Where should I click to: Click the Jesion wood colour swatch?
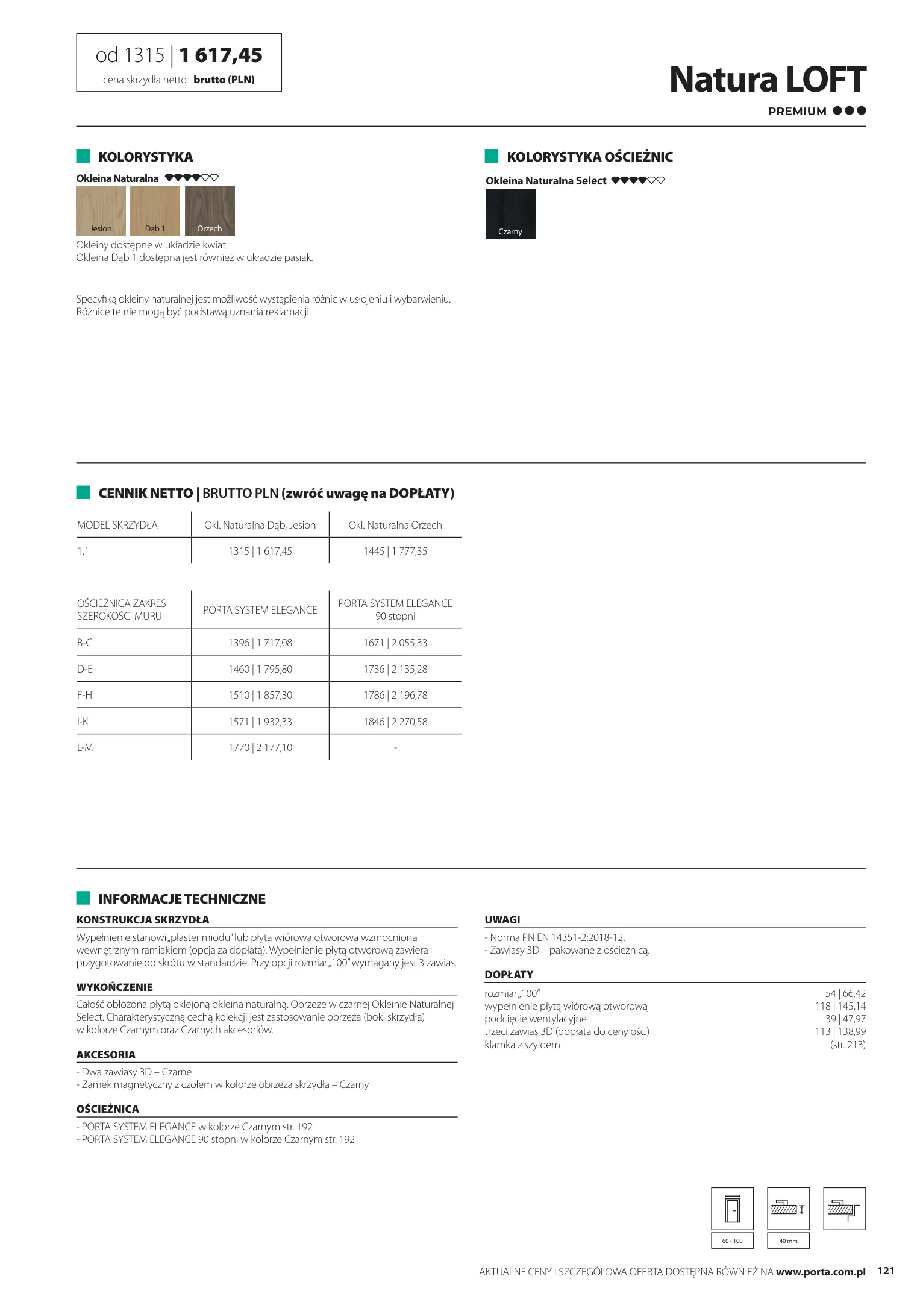(x=101, y=210)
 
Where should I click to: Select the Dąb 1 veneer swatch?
(x=155, y=210)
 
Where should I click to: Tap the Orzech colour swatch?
(x=210, y=210)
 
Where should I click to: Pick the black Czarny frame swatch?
(x=510, y=214)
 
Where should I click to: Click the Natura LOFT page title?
(x=767, y=80)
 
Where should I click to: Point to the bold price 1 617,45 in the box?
(x=221, y=55)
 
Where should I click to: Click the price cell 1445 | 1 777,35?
(x=395, y=551)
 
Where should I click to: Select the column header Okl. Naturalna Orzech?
(x=395, y=525)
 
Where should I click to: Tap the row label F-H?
(x=85, y=695)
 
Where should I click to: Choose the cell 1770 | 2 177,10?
(x=260, y=747)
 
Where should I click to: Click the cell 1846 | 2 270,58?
(x=395, y=722)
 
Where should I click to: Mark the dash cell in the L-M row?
(x=395, y=747)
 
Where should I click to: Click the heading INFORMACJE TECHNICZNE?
(x=182, y=899)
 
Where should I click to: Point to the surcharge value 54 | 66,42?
(x=845, y=993)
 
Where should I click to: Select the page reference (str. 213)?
(x=848, y=1045)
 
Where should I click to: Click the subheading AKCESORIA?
(x=106, y=1055)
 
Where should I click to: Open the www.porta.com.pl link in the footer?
(x=821, y=1272)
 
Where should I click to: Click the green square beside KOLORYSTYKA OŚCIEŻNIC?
(x=492, y=157)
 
